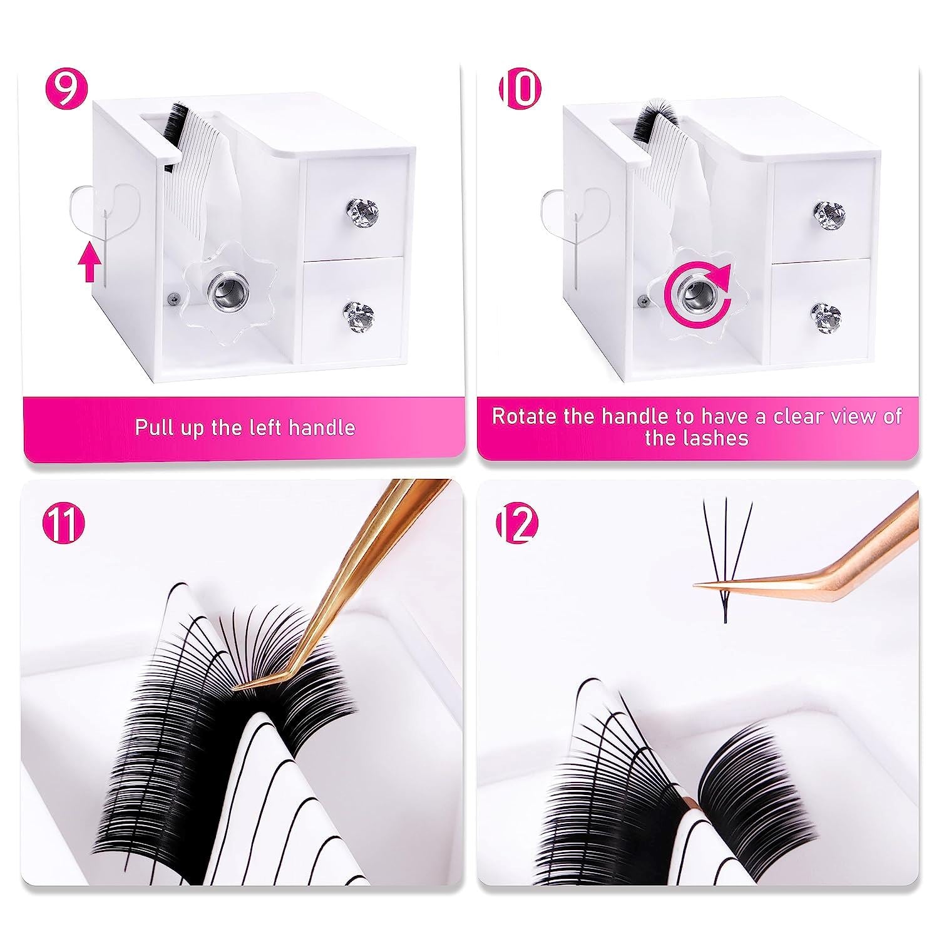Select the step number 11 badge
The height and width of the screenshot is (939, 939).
click(66, 525)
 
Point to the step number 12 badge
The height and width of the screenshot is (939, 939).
click(517, 525)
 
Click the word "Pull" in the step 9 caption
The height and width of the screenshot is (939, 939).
click(154, 428)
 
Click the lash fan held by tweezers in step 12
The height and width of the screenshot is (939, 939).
click(725, 551)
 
